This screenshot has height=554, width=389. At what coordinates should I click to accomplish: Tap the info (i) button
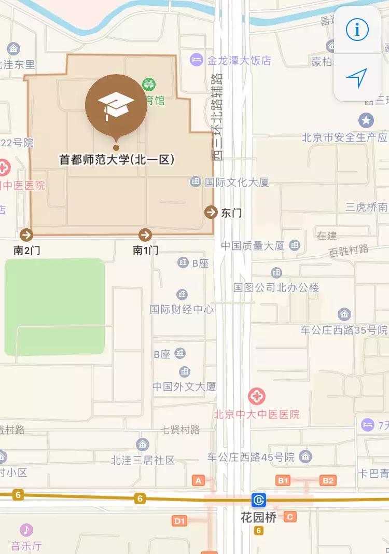[x=357, y=30]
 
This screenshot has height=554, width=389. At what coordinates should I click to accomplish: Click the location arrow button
[x=357, y=78]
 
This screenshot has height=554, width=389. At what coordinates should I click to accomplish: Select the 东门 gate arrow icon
[x=211, y=212]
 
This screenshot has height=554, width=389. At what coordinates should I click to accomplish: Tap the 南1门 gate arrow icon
[x=145, y=234]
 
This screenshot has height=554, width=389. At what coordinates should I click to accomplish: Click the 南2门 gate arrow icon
[x=26, y=234]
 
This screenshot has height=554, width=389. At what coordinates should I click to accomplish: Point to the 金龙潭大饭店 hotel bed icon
[x=197, y=60]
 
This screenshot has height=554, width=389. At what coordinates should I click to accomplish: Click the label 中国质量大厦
[x=253, y=245]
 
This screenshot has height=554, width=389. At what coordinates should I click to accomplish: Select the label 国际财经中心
[x=182, y=310]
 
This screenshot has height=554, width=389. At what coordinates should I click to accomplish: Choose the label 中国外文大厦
[x=184, y=386]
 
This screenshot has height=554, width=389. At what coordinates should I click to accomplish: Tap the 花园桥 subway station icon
[x=259, y=500]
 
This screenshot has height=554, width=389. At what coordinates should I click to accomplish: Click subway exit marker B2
[x=328, y=480]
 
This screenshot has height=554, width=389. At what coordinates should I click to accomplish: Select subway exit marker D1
[x=180, y=521]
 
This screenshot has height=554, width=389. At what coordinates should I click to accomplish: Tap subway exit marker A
[x=198, y=480]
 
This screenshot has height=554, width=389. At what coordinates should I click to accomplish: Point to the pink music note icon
[x=26, y=530]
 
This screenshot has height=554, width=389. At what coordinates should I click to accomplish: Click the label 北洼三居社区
[x=143, y=460]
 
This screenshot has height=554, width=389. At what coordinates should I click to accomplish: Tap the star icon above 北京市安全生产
[x=366, y=121]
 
